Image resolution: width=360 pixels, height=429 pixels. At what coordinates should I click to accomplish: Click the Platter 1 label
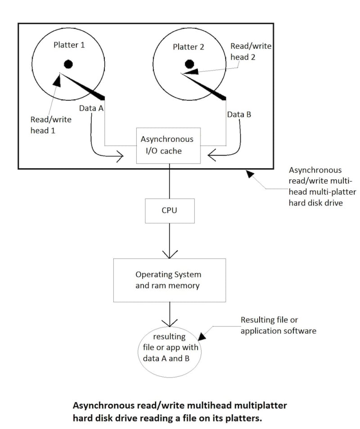(x=69, y=45)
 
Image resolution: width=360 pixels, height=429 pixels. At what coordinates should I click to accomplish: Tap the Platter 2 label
(x=189, y=47)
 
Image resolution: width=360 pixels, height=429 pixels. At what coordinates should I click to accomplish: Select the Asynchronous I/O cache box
(x=167, y=144)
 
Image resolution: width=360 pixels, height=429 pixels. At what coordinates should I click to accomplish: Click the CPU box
(x=170, y=210)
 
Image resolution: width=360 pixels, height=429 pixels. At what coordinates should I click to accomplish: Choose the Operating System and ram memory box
(x=169, y=280)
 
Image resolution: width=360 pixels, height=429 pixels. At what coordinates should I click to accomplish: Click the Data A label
(x=91, y=108)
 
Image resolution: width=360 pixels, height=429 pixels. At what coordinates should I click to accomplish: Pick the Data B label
(x=239, y=114)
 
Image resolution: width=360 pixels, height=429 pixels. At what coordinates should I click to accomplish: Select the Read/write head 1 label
(x=50, y=125)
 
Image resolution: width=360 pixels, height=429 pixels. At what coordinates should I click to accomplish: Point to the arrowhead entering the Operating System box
(x=170, y=255)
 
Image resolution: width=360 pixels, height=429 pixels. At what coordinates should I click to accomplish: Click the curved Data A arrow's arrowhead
(x=120, y=157)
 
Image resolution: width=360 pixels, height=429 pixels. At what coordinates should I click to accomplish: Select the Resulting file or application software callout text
(x=278, y=326)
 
